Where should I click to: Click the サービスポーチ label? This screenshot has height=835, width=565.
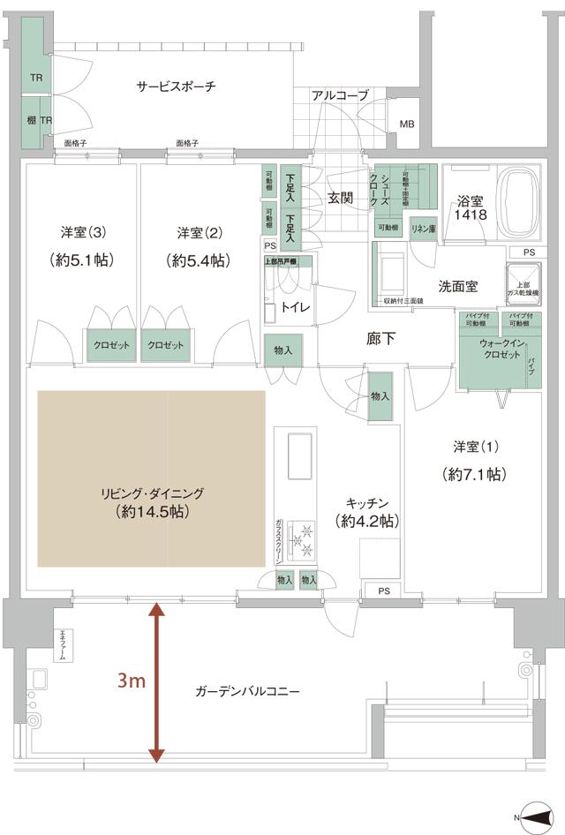[177, 87]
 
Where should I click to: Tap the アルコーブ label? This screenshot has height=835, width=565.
[340, 95]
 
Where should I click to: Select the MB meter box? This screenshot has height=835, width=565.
[406, 124]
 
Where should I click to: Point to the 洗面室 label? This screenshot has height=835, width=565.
[458, 286]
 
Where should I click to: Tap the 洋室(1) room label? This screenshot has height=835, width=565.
[472, 447]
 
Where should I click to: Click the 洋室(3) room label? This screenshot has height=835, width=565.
[84, 233]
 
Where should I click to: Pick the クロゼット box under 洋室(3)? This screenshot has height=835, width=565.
[110, 345]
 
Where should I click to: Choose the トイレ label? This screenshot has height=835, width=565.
[293, 309]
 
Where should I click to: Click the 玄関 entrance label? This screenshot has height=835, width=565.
[340, 198]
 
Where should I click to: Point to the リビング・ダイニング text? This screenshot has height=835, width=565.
[153, 493]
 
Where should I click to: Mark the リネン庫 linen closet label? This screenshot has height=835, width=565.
[423, 228]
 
